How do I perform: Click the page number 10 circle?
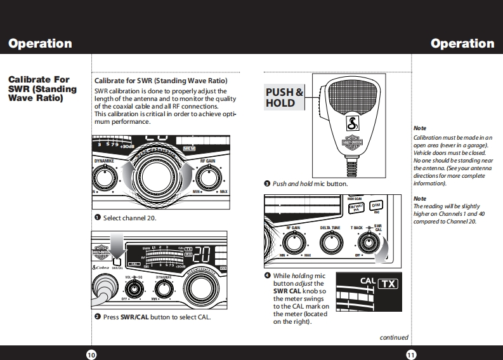[91, 354]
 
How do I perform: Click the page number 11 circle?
[411, 354]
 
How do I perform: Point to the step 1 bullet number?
[98, 218]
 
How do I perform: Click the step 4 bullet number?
[267, 276]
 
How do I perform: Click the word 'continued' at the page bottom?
[394, 338]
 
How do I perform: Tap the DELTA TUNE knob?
[330, 241]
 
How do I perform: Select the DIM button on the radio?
[376, 206]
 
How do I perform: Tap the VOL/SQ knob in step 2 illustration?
[134, 289]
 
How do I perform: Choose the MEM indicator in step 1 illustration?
[190, 149]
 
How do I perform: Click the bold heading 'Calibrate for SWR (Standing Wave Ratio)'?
[160, 81]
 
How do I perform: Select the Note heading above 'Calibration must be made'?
[419, 128]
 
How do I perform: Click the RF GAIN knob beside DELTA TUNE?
[293, 242]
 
